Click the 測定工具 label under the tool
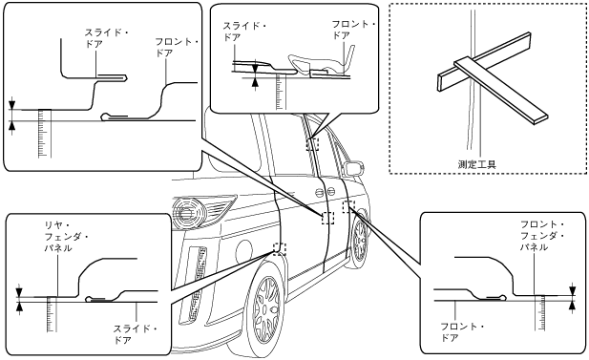[477, 164]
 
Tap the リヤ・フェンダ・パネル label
[67, 237]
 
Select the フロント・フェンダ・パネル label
[542, 236]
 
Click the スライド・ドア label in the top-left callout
[106, 38]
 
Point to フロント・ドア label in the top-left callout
[177, 48]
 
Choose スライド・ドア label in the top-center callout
[244, 32]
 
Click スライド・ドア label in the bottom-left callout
[136, 334]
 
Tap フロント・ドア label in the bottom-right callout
[462, 332]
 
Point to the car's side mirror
[353, 169]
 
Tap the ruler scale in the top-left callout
[45, 134]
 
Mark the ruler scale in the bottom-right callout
[539, 312]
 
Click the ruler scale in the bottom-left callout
[53, 314]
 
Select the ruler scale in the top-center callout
[280, 92]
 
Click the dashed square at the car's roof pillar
[312, 143]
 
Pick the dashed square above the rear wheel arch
[280, 249]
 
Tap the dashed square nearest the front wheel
[349, 206]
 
